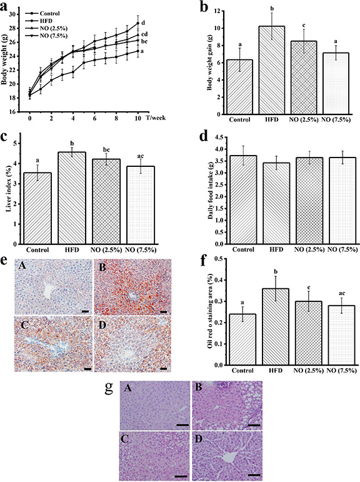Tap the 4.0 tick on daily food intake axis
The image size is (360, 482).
(211, 149)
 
